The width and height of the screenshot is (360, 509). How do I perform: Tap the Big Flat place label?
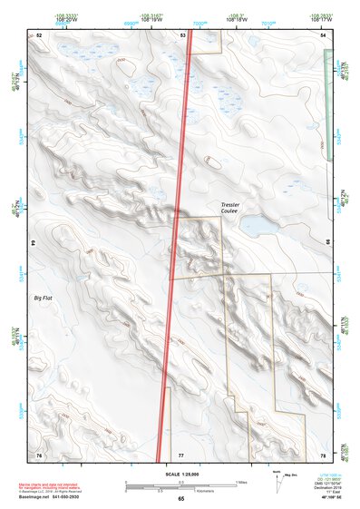[44, 298]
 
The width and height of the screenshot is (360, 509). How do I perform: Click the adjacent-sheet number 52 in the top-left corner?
[39, 34]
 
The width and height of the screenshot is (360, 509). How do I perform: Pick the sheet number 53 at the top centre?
[183, 34]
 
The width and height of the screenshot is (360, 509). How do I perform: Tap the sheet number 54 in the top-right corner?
[324, 34]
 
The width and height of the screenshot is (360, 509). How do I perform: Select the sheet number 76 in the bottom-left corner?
[39, 454]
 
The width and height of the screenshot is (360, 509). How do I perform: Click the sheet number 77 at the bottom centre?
[180, 454]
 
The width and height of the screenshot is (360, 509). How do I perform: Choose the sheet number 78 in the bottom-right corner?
[324, 454]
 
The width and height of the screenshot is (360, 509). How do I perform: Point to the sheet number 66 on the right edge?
[326, 243]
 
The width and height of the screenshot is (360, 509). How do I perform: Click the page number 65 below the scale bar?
[181, 499]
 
